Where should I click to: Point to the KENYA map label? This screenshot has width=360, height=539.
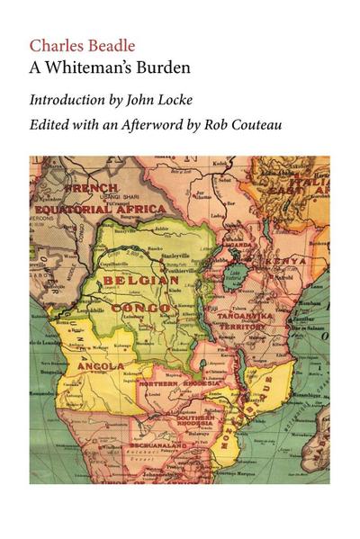coord(282,263)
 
